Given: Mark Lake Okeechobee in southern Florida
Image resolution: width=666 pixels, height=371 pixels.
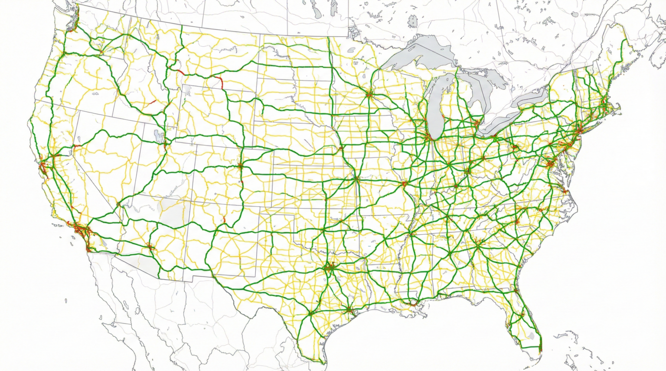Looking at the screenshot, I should click(532, 336).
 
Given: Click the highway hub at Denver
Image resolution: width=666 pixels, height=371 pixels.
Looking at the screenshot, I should click(239, 165).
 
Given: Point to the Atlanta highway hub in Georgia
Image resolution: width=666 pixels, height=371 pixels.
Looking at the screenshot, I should click(477, 244).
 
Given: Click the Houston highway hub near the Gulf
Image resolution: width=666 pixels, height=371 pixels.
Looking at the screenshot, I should click(348, 309).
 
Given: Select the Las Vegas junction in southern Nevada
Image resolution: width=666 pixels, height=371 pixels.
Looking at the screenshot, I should click(118, 203).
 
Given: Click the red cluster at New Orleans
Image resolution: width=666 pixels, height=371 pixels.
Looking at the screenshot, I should click(412, 304).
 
